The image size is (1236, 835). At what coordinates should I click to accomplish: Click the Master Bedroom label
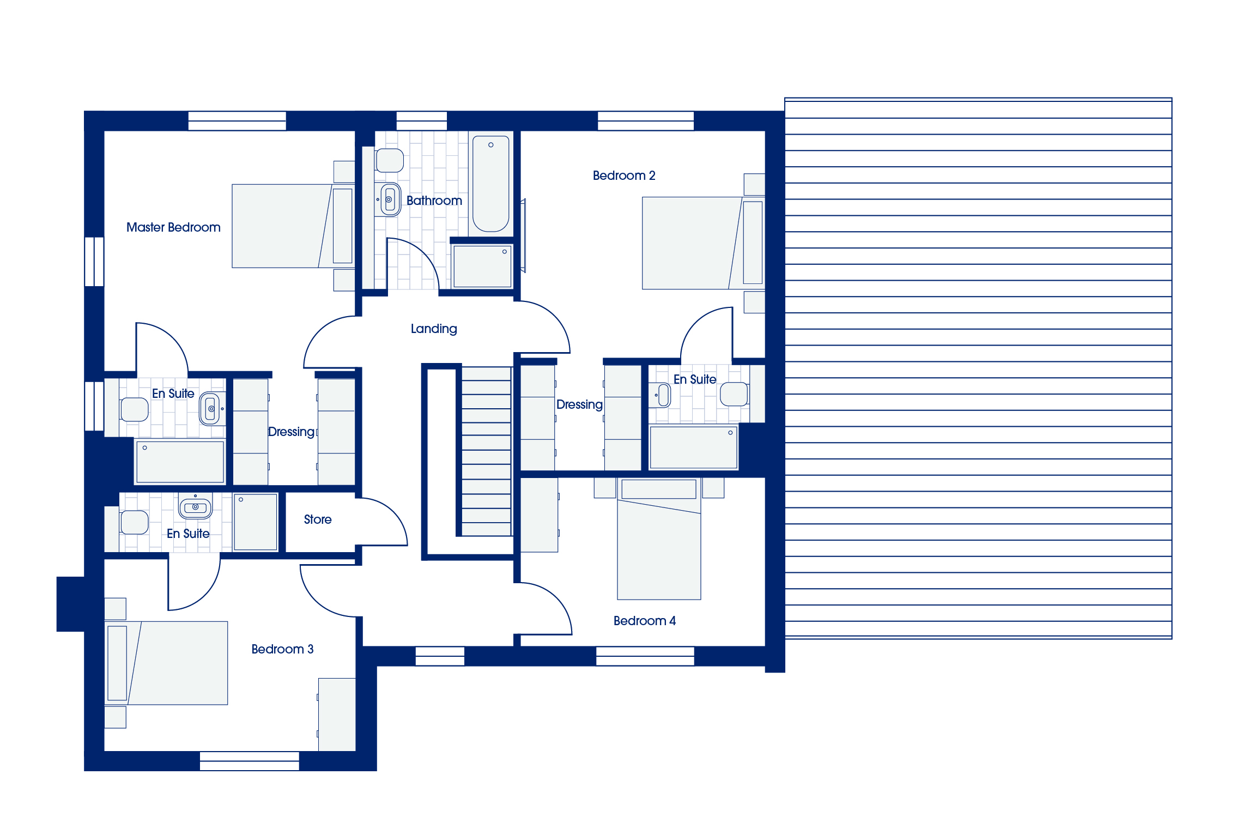pyautogui.click(x=173, y=227)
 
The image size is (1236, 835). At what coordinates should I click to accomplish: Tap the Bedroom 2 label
pyautogui.click(x=624, y=176)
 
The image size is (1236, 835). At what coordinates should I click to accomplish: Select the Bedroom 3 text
pyautogui.click(x=282, y=649)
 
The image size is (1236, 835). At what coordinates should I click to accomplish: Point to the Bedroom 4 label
pyautogui.click(x=645, y=621)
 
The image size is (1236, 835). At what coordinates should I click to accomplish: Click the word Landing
pyautogui.click(x=434, y=329)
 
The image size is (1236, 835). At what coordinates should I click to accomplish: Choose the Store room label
pyautogui.click(x=318, y=519)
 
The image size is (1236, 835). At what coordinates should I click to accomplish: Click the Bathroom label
pyautogui.click(x=434, y=201)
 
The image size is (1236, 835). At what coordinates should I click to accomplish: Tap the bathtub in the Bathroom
pyautogui.click(x=491, y=184)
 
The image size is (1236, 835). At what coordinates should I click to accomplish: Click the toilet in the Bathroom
pyautogui.click(x=389, y=160)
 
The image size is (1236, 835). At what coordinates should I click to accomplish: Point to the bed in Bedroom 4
pyautogui.click(x=659, y=539)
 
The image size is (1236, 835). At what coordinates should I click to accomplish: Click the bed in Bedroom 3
pyautogui.click(x=166, y=663)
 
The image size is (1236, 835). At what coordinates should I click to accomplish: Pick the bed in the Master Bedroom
pyautogui.click(x=293, y=226)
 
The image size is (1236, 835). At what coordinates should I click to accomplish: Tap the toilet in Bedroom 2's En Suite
pyautogui.click(x=735, y=394)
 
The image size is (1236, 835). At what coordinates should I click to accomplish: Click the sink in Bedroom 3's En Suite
pyautogui.click(x=195, y=507)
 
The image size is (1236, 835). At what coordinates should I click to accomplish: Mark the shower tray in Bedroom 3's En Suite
pyautogui.click(x=256, y=522)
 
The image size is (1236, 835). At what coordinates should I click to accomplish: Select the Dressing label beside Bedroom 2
pyautogui.click(x=579, y=405)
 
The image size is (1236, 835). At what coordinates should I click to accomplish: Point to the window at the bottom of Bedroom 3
pyautogui.click(x=249, y=761)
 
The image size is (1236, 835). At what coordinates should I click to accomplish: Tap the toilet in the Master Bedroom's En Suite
pyautogui.click(x=134, y=409)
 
